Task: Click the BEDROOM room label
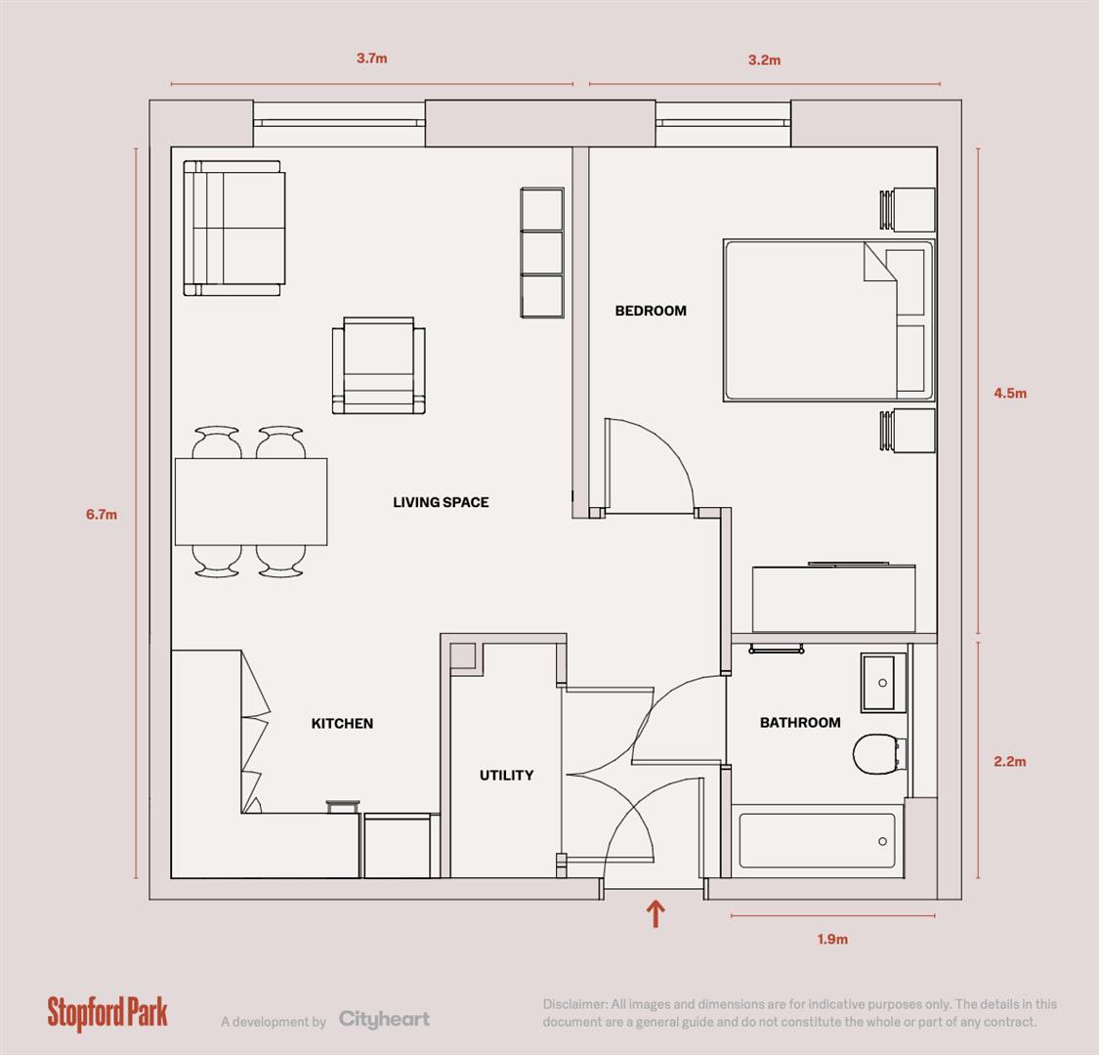[650, 311]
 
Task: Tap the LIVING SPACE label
[441, 502]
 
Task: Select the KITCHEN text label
[342, 724]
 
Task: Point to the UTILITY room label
[506, 776]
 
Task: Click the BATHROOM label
[800, 723]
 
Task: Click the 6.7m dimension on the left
[101, 514]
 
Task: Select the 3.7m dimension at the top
[371, 58]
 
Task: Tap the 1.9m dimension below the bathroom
[832, 940]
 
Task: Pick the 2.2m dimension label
[1010, 762]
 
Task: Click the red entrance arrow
[655, 914]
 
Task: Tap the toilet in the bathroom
[875, 755]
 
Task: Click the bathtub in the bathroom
[817, 841]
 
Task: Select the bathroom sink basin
[884, 683]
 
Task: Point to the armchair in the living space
[379, 364]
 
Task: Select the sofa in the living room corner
[234, 229]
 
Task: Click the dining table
[251, 502]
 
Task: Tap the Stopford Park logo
[107, 1013]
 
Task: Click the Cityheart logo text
[384, 1020]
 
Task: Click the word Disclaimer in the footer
[574, 1004]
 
